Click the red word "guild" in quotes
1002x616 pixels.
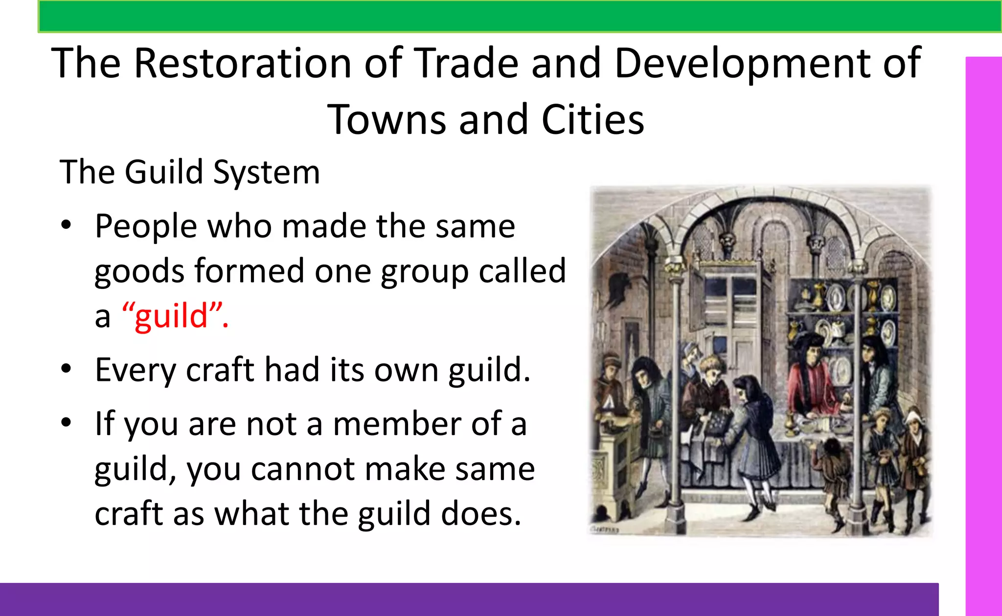171,316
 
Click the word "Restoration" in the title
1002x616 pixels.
243,63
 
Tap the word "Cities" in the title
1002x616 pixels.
593,120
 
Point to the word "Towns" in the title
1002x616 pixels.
387,120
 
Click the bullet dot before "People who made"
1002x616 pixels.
66,226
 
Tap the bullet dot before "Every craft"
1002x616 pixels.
66,369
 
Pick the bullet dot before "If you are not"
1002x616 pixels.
66,423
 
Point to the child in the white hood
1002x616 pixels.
912,440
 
